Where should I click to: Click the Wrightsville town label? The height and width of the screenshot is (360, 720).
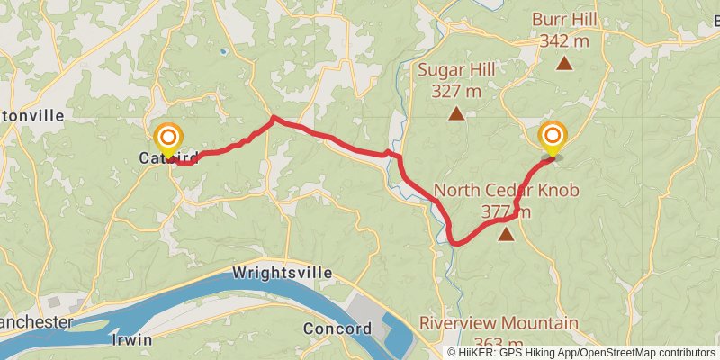tap(282, 272)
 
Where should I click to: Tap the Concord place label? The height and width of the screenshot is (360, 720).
tap(337, 328)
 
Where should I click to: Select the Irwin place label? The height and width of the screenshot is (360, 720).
tap(131, 339)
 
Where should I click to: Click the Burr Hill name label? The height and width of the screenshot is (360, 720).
tap(564, 19)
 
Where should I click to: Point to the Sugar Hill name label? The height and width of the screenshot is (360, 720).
tap(457, 69)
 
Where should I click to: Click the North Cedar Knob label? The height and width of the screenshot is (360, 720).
tap(506, 190)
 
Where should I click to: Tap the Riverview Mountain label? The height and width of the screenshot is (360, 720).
tap(499, 323)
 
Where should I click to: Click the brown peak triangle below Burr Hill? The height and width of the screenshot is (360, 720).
tap(564, 63)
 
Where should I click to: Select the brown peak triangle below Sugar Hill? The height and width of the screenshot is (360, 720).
tap(457, 113)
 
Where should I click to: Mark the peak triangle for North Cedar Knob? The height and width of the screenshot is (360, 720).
tap(506, 235)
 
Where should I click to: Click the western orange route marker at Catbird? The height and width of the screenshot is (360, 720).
tap(168, 139)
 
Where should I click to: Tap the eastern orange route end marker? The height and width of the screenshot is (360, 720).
tap(553, 137)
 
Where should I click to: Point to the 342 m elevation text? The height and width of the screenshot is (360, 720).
tap(564, 40)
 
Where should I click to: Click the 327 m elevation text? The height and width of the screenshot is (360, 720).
tap(457, 91)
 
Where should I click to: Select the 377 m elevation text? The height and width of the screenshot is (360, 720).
tap(506, 212)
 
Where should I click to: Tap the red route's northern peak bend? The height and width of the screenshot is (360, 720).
tap(273, 118)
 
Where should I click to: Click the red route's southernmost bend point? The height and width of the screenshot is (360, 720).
tap(456, 243)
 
